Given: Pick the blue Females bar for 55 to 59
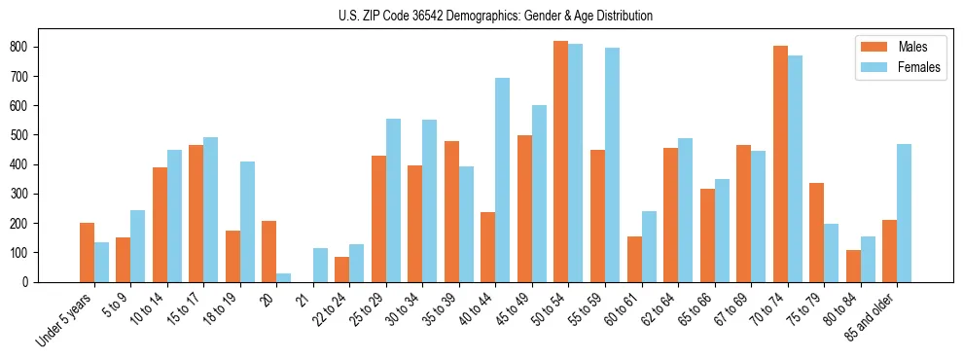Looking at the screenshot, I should point(612,164).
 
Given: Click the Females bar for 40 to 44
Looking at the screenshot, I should point(502,180).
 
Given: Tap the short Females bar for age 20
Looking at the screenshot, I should point(283,277).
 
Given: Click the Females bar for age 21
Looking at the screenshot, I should point(320,265).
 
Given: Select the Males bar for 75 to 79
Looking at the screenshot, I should point(816,233).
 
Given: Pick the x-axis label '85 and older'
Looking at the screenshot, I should point(873,315).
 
